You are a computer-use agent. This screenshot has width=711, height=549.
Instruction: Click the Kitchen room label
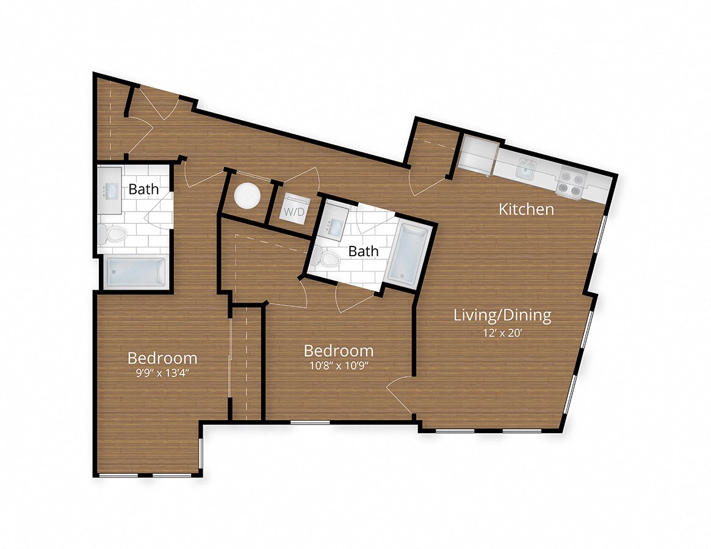point(526,209)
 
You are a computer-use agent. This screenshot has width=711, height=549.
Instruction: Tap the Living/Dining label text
point(502,315)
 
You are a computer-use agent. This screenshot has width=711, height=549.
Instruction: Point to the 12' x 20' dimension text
point(502,332)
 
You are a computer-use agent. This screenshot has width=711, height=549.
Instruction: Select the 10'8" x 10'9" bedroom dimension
point(339,367)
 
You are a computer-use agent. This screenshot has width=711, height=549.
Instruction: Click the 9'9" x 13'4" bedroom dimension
point(162,373)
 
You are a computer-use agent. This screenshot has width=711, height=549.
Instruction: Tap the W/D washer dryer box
point(292,211)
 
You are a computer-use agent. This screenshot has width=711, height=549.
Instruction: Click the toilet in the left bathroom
point(113,234)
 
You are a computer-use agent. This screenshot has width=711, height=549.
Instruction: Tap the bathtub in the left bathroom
point(135,272)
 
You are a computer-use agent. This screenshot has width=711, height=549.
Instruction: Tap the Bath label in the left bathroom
point(143,189)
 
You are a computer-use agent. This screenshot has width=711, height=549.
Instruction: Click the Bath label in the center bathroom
point(363,251)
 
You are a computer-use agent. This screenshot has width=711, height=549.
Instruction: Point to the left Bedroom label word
point(162,357)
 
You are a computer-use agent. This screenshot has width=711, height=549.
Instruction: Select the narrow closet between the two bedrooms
point(247,362)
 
